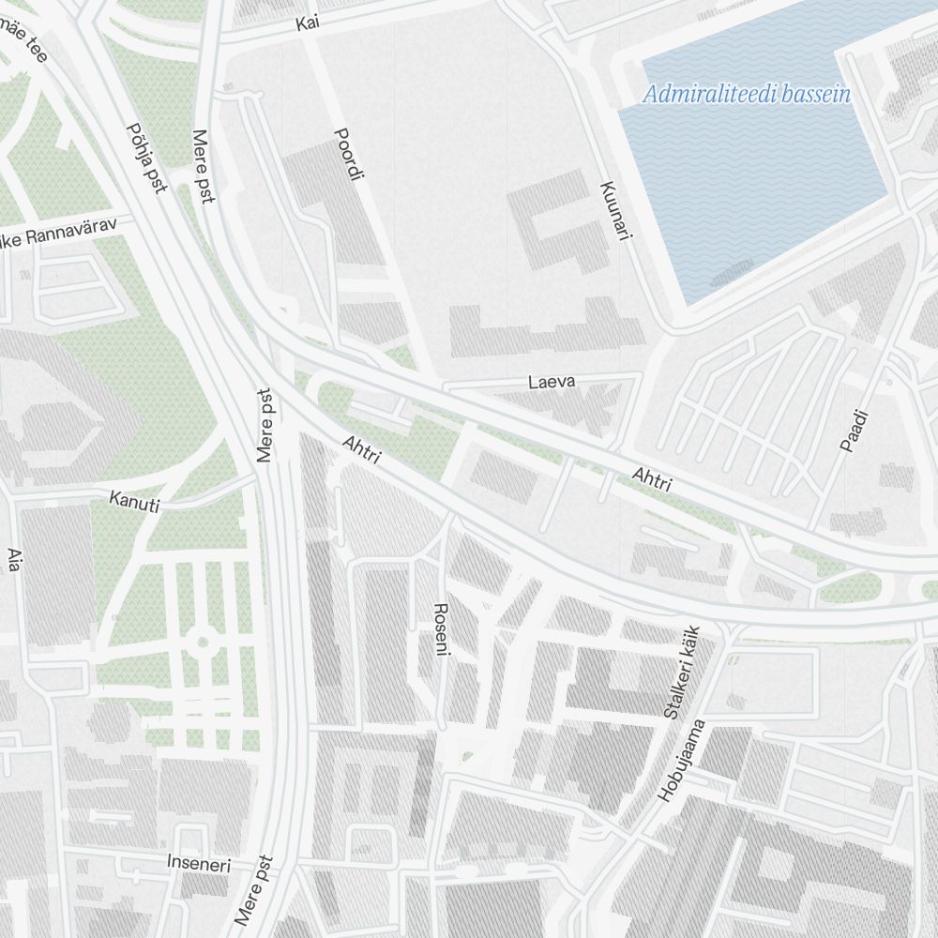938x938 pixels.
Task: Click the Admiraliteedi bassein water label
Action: [x=747, y=94]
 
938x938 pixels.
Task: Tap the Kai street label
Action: [x=307, y=24]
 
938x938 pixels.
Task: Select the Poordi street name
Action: [x=348, y=155]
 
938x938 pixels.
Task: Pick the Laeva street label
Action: [x=551, y=382]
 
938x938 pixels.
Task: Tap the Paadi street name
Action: [x=854, y=431]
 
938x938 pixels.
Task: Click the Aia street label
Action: [x=13, y=560]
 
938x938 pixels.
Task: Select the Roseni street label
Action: [x=440, y=629]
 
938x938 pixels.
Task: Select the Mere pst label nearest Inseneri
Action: [x=255, y=888]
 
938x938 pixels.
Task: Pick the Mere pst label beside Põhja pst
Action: [x=204, y=166]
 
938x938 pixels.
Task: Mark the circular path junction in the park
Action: [x=201, y=643]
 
